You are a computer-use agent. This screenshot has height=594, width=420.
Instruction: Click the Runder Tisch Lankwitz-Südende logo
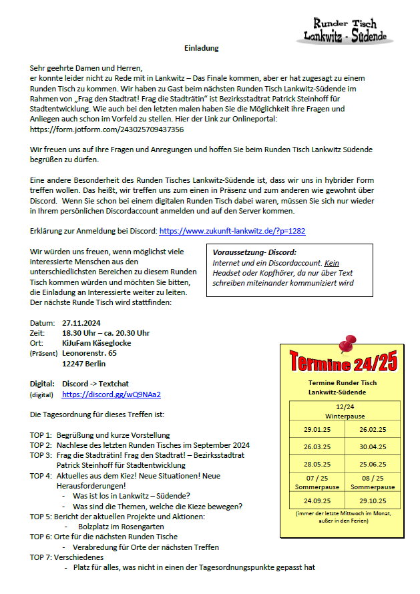click(345, 29)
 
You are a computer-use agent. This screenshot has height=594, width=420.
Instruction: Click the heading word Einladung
click(202, 48)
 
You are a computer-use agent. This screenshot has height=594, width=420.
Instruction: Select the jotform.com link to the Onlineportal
click(107, 129)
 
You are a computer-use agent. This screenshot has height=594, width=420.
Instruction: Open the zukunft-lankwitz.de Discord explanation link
click(232, 231)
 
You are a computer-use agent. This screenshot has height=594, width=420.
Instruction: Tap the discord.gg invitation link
click(111, 394)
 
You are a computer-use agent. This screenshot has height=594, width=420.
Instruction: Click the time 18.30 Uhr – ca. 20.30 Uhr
click(106, 333)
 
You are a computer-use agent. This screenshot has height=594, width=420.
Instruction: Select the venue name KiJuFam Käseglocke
click(96, 343)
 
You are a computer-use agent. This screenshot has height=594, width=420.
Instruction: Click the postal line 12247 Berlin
click(83, 364)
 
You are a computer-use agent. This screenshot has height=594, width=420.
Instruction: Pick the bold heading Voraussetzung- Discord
click(253, 253)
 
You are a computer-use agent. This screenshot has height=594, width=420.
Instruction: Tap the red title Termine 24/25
click(343, 364)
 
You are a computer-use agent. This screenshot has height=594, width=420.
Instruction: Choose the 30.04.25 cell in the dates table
click(372, 447)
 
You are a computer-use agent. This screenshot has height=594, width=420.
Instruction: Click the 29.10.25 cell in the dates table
click(372, 500)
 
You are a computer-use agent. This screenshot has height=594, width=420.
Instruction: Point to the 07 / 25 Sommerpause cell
click(317, 482)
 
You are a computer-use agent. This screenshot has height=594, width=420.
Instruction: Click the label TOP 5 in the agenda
click(41, 517)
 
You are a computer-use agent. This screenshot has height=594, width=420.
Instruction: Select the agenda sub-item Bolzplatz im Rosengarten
click(118, 527)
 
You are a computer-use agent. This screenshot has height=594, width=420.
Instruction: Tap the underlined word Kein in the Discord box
click(333, 263)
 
